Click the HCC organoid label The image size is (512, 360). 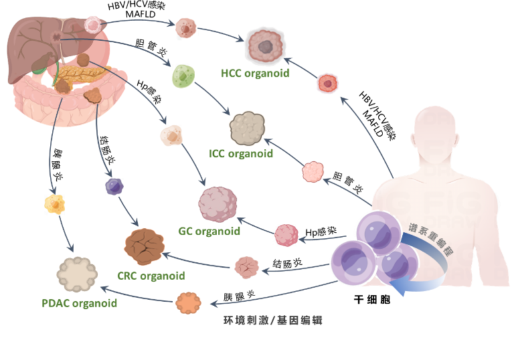tap(255, 74)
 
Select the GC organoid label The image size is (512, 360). tap(209, 232)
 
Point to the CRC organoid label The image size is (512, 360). tap(151, 275)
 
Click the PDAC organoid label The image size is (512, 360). tap(79, 302)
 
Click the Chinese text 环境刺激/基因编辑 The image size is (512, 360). tap(273, 321)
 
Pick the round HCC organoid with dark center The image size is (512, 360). tap(266, 46)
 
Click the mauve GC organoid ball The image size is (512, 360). tap(218, 203)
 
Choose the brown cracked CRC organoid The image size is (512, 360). tap(145, 244)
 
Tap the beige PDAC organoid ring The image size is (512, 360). tap(77, 275)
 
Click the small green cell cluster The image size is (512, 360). tap(183, 77)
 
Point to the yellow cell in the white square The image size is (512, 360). tap(54, 204)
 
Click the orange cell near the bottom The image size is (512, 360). tap(188, 303)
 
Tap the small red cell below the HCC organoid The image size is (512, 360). tap(327, 83)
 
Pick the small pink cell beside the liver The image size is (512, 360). tap(93, 25)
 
